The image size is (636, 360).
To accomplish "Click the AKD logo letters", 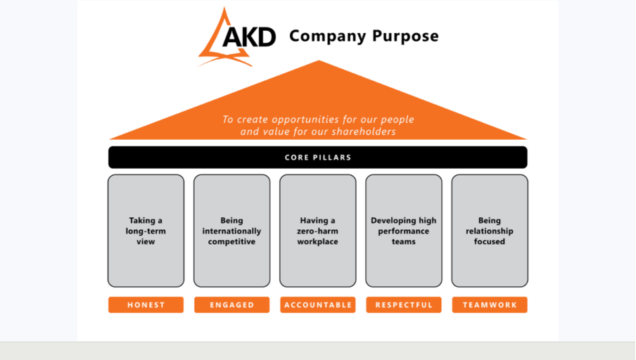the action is coord(249,37).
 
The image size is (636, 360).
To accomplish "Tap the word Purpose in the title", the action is coord(405,36).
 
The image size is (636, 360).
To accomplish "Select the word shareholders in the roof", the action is coord(364,131).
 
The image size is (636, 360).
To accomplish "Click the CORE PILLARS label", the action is coord(318,157).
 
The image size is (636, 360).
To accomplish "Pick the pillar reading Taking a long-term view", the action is coord(146,231).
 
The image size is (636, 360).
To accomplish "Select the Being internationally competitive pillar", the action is coord(232,231).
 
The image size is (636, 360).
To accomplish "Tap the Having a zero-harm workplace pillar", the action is coord(318,231).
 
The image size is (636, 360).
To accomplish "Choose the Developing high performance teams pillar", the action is coord(404,231).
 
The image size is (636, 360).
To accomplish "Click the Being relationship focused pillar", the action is coord(490,231).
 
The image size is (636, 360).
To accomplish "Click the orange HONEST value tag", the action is coord(146,305).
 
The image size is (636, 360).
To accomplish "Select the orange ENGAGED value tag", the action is coord(232,305).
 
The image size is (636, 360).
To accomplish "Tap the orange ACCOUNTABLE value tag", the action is coord(318,305).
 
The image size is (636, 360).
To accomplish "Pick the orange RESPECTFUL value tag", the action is coord(404,305).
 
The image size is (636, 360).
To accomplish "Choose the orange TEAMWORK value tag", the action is coord(490,305).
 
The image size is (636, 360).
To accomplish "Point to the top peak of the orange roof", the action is coord(319,60).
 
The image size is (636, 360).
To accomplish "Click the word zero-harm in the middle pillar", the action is coord(317,231).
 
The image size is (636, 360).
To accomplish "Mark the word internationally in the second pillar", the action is coord(231,231).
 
